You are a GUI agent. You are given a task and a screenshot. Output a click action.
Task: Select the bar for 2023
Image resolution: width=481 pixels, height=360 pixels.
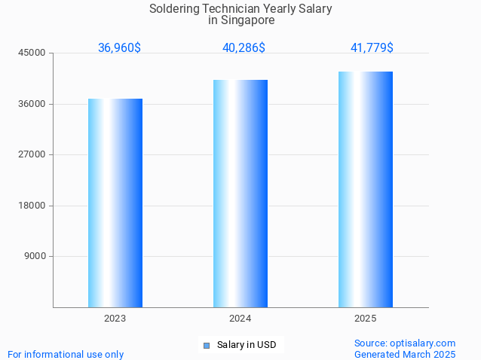(115, 203)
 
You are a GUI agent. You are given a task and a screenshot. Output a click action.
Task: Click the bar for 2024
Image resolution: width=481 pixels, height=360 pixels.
(240, 194)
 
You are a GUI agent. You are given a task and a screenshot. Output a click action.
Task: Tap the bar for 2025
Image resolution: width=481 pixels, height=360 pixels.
(366, 189)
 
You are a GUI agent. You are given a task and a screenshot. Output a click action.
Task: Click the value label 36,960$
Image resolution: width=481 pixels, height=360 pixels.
(119, 47)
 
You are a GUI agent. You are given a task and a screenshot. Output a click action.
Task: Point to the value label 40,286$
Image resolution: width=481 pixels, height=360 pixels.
(244, 47)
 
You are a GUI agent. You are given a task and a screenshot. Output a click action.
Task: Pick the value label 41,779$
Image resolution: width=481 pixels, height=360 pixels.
(372, 47)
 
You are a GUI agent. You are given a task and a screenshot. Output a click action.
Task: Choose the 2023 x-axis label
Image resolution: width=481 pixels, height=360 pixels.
(115, 319)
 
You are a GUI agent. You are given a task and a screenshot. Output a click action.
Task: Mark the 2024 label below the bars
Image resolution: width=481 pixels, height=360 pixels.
(240, 319)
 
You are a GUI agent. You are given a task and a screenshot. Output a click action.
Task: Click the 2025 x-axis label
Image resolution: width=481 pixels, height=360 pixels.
(366, 319)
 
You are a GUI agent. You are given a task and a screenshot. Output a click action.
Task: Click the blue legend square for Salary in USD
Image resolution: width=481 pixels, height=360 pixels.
(206, 346)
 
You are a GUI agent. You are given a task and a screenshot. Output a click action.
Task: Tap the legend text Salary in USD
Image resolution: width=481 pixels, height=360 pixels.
(247, 345)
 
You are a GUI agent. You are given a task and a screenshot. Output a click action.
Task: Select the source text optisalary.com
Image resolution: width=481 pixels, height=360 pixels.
(423, 343)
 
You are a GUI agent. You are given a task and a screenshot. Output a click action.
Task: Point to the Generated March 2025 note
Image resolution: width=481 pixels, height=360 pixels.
(405, 354)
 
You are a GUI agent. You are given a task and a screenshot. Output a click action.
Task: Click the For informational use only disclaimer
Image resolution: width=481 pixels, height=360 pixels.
(66, 354)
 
